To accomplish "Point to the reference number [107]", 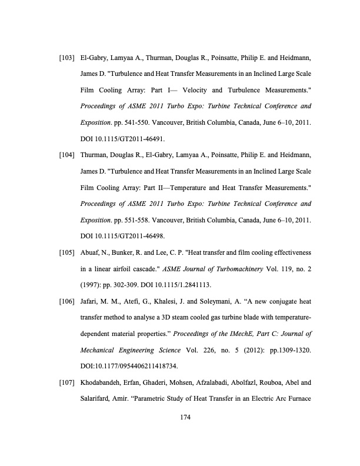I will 66,383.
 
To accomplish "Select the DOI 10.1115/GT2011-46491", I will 121,139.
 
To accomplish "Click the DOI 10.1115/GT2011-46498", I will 121,237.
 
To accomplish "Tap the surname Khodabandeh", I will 102,383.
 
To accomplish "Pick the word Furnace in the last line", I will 298,399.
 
